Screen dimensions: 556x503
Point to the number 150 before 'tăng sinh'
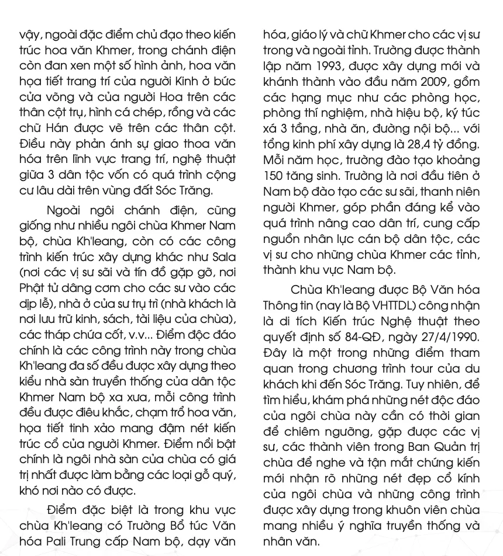tap(274, 176)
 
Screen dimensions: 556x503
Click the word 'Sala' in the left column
tap(225, 258)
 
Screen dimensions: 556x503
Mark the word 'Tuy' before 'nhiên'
tap(425, 384)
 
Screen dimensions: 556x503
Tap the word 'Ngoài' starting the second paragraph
tap(67, 210)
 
